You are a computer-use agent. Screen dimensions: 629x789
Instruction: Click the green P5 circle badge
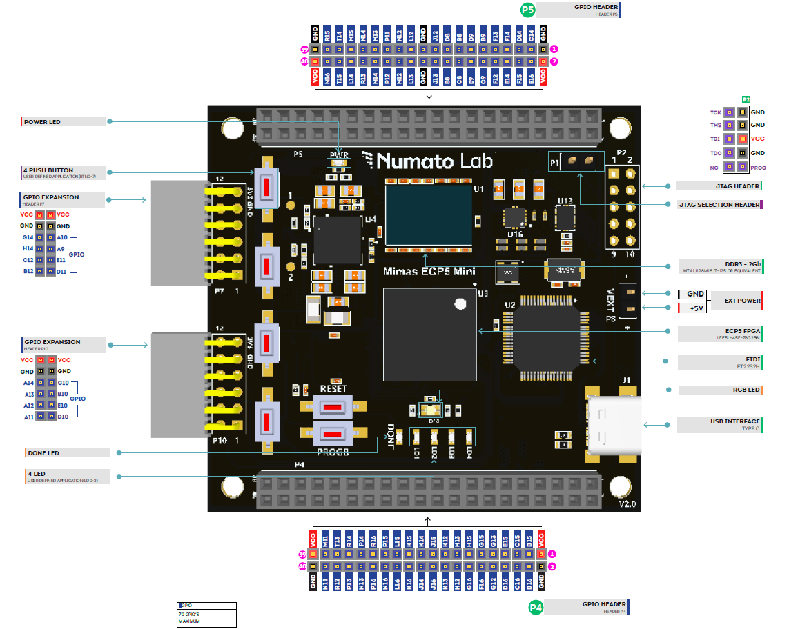(x=528, y=10)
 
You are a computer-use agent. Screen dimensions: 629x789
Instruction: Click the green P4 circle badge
(x=536, y=608)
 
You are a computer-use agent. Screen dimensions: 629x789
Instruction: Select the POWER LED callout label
(x=43, y=122)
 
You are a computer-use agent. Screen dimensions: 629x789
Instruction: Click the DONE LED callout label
(x=43, y=453)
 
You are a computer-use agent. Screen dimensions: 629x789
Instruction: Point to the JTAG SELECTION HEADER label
(x=719, y=205)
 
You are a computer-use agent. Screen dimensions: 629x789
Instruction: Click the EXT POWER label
(x=742, y=301)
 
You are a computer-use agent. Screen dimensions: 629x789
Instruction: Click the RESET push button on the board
(x=333, y=407)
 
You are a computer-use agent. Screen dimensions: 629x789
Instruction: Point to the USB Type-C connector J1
(x=611, y=423)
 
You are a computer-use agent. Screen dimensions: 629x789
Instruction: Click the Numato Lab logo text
(x=429, y=161)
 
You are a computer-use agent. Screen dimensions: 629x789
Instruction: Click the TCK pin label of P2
(x=715, y=112)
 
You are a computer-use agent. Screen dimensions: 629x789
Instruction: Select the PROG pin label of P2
(x=758, y=168)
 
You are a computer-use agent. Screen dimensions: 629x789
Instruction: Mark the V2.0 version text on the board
(x=627, y=504)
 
